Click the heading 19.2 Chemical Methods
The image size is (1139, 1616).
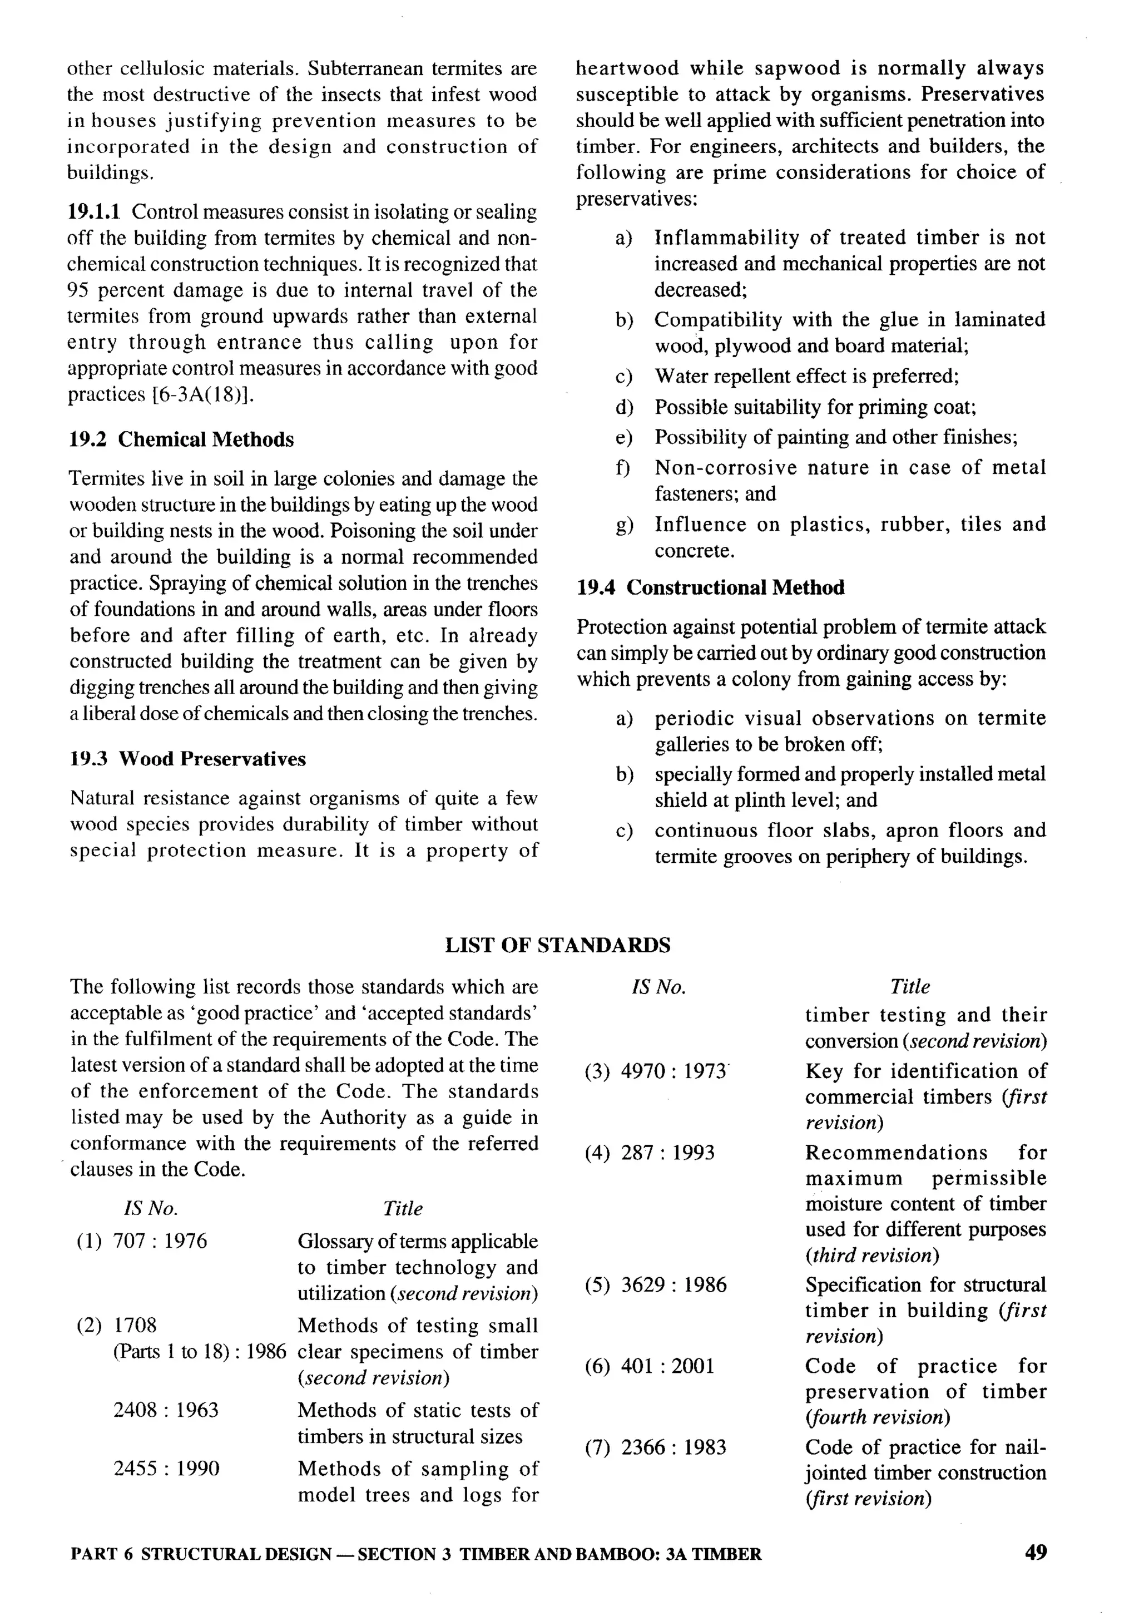pos(181,440)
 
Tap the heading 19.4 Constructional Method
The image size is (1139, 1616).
pos(711,587)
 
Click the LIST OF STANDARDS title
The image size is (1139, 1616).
pos(557,945)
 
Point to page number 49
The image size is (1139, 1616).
pos(1036,1552)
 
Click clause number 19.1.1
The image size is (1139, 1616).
pos(95,212)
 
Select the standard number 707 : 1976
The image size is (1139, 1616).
pos(160,1241)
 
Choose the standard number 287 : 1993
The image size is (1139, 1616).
pos(667,1153)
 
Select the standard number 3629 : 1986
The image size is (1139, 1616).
pos(674,1285)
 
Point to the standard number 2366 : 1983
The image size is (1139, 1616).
pos(674,1448)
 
